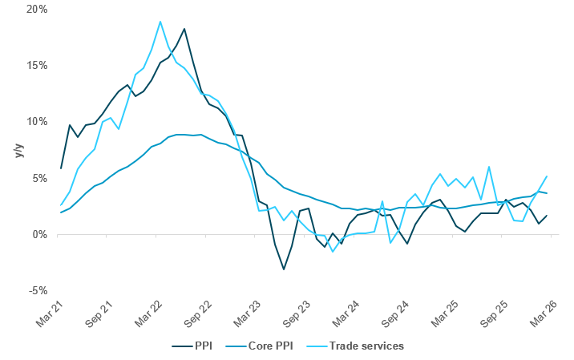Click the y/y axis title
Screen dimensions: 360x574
[18, 150]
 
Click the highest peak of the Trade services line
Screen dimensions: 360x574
[160, 22]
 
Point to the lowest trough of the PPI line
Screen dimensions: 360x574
[283, 269]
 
